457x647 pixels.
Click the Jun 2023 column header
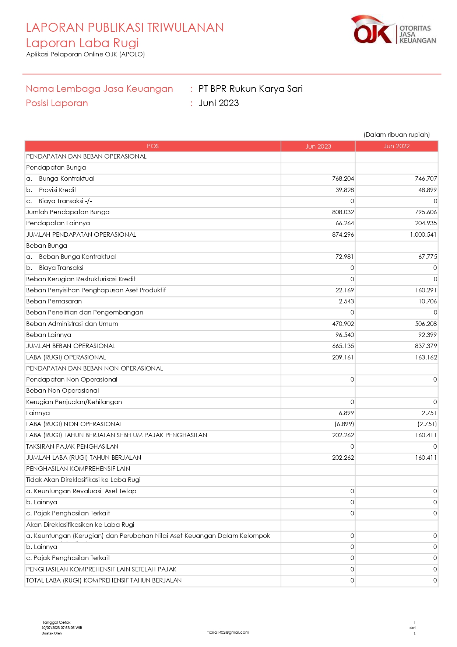pos(318,146)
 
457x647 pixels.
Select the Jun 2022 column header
pos(397,146)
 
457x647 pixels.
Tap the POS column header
pos(153,146)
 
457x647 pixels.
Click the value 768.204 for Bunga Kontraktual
pos(343,179)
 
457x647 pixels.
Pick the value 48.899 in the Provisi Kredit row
pos(427,190)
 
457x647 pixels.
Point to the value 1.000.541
pos(423,235)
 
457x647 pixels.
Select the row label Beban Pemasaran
pos(54,302)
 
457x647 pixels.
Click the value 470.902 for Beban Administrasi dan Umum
pos(343,324)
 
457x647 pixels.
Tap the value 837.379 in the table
pos(426,346)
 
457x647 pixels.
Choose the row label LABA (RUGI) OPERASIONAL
pos(66,358)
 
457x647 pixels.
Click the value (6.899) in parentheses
pos(344,424)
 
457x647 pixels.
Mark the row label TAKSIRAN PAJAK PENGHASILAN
pos(72,447)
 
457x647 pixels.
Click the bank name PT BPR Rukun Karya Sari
pos(250,89)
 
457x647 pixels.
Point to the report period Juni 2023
pos(219,103)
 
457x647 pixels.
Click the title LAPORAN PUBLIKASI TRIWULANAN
pos(125,28)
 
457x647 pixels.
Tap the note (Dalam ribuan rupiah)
pos(397,135)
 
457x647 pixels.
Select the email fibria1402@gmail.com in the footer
pos(228,632)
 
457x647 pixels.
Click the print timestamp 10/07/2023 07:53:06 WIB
pos(62,627)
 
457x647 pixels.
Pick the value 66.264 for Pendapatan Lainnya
pos(345,223)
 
